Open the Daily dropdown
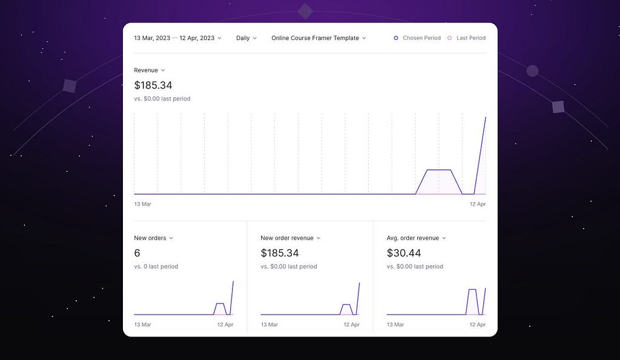point(246,38)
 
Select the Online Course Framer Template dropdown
point(318,38)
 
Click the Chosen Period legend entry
point(417,38)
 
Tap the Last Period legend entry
point(467,38)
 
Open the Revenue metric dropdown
point(150,70)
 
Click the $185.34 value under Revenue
point(153,85)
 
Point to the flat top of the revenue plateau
point(439,170)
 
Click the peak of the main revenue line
point(486,117)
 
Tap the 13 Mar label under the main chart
point(142,204)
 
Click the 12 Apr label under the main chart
point(478,204)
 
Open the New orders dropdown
point(153,238)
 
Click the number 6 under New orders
point(137,253)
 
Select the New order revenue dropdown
point(291,238)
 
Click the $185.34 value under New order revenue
point(280,253)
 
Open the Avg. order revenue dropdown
point(417,238)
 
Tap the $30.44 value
point(404,253)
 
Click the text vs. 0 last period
point(156,266)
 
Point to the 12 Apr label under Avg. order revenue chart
point(478,324)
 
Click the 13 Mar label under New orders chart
point(142,324)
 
